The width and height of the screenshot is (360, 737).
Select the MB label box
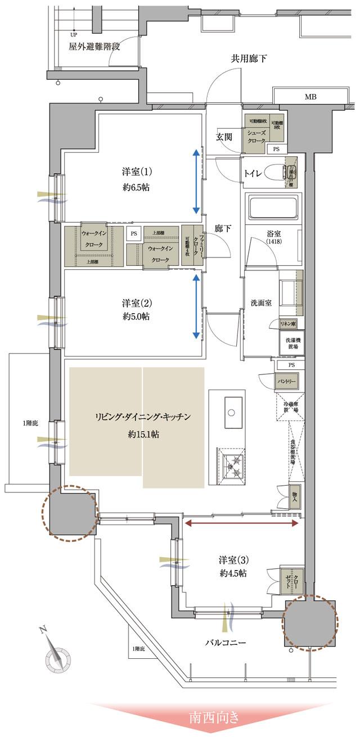point(310,97)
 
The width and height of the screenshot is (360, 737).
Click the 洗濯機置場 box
point(291,343)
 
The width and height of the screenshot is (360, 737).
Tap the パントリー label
point(286,382)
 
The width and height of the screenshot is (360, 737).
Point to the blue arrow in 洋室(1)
point(196,181)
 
